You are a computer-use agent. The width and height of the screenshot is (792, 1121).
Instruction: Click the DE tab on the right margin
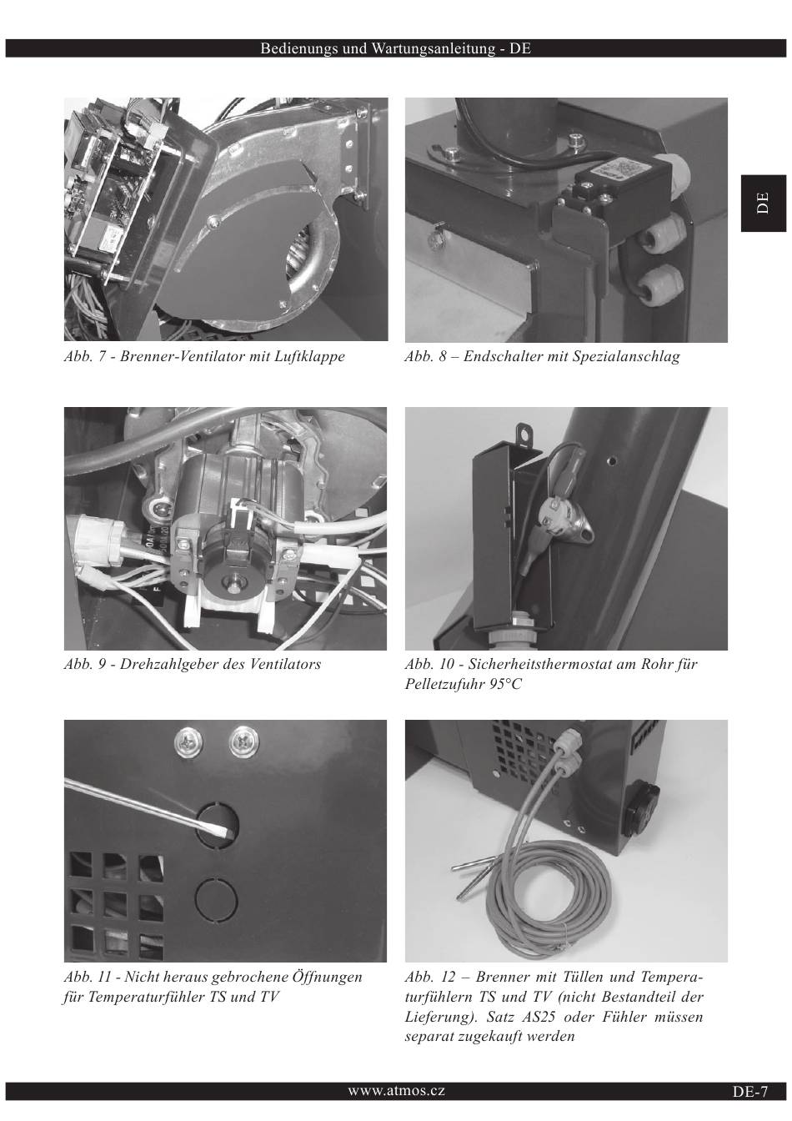pos(764,204)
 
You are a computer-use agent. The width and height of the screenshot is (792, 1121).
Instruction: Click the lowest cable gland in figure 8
pos(663,284)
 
